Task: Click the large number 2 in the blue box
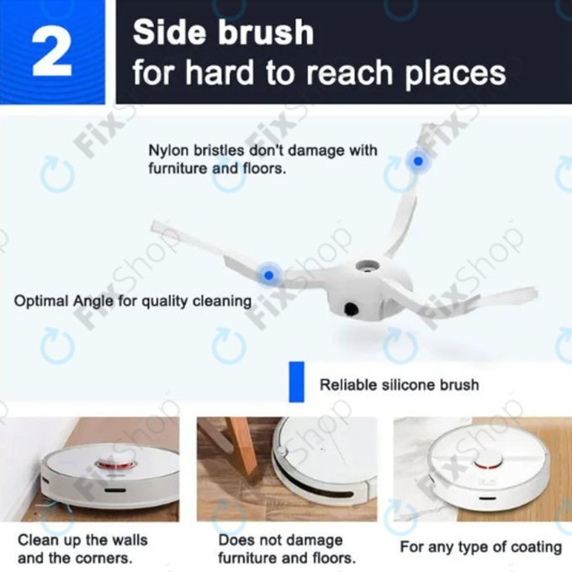51,52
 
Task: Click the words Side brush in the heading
223,33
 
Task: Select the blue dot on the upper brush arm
416,160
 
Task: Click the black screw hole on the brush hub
349,311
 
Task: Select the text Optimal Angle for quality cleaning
133,300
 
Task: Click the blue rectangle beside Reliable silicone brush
295,383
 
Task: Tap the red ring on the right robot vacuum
485,461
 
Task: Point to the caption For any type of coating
480,547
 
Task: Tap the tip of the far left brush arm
155,225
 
